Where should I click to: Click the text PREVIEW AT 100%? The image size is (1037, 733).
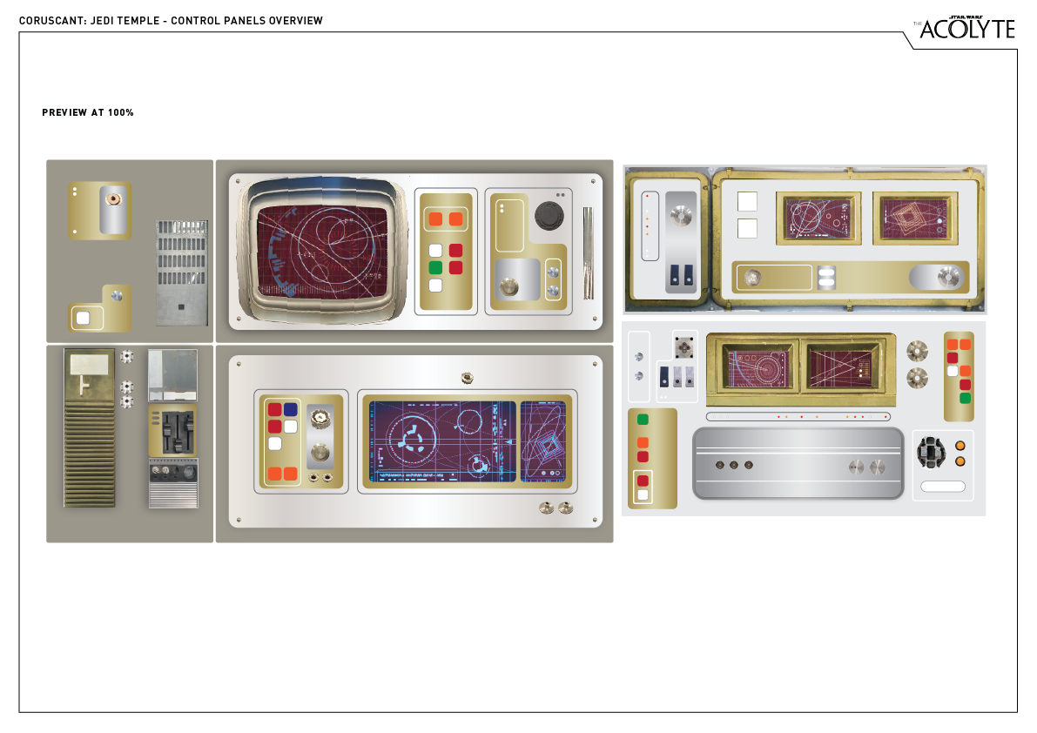[88, 113]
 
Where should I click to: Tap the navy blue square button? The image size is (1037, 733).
[291, 409]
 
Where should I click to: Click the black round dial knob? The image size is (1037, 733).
[549, 215]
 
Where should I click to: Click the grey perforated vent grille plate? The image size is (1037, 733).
[182, 272]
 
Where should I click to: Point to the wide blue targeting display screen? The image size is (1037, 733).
[442, 441]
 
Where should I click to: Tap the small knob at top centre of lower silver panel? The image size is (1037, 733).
[467, 378]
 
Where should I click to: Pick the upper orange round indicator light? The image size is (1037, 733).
[960, 446]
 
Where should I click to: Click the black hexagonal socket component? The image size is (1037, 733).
[932, 451]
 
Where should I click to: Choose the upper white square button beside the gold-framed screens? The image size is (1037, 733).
[747, 201]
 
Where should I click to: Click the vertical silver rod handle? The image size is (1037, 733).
[588, 253]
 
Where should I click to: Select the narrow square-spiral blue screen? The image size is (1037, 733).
[542, 441]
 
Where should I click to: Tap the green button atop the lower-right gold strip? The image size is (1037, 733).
[643, 420]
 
